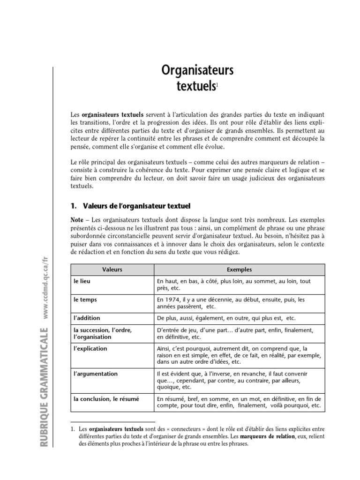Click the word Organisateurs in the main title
[197, 71]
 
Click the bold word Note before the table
[77, 219]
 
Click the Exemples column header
[239, 270]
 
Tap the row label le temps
[84, 299]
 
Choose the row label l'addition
[87, 317]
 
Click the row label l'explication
[90, 349]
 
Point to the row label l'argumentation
[95, 374]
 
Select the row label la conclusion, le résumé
[106, 399]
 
